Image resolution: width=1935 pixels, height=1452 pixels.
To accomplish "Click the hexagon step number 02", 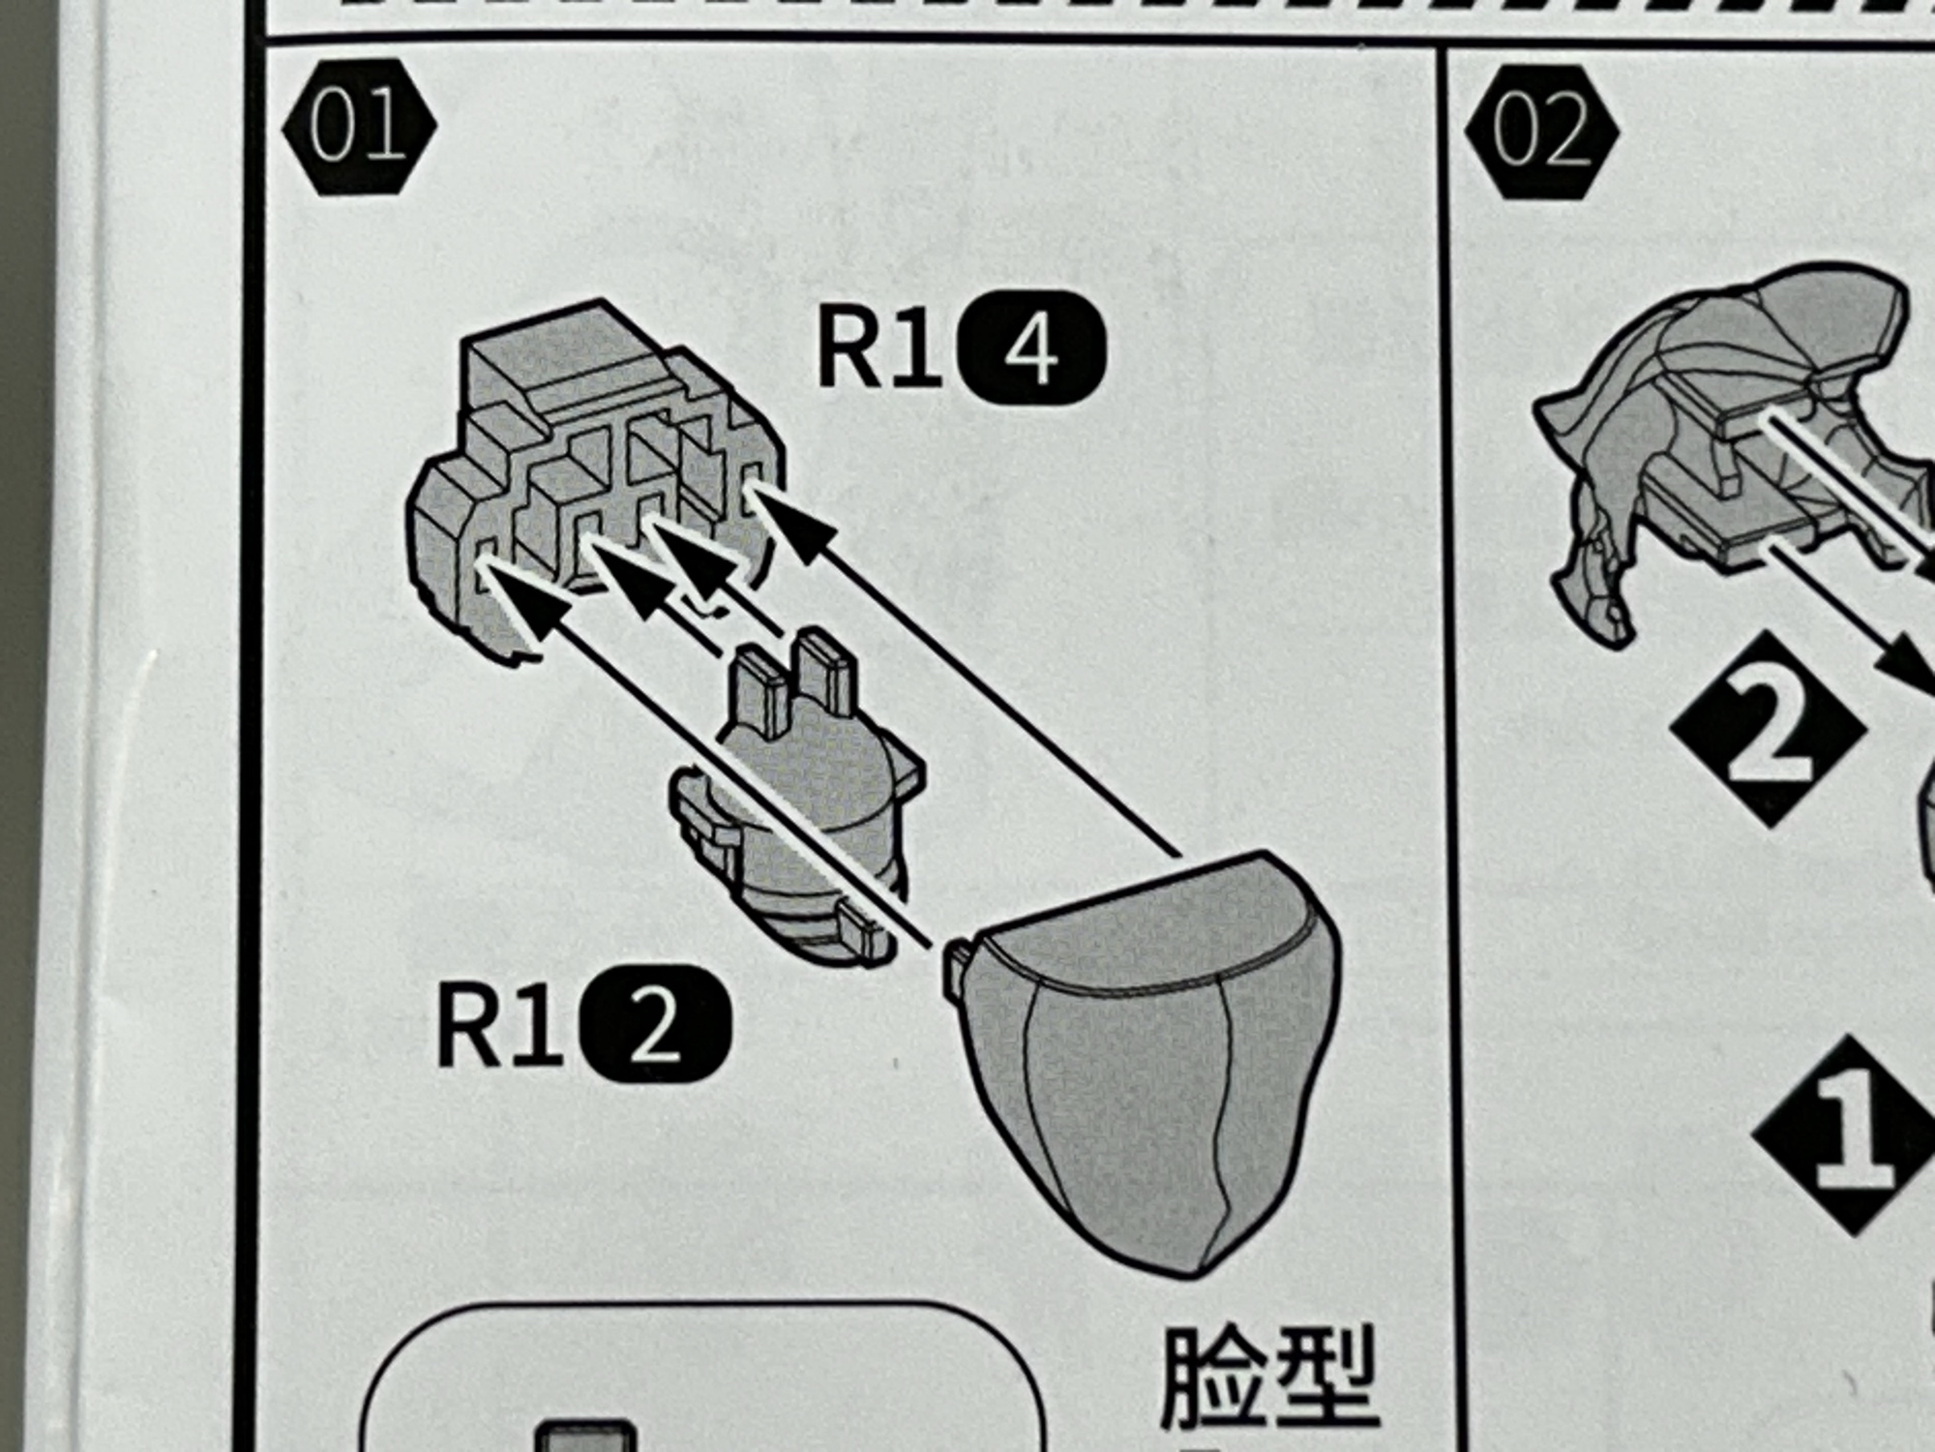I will click(1541, 133).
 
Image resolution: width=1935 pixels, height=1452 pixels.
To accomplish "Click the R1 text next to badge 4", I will click(878, 349).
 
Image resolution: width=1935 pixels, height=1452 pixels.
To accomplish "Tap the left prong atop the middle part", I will click(757, 692).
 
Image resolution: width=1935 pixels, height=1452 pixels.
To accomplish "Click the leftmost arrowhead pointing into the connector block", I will click(522, 605).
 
